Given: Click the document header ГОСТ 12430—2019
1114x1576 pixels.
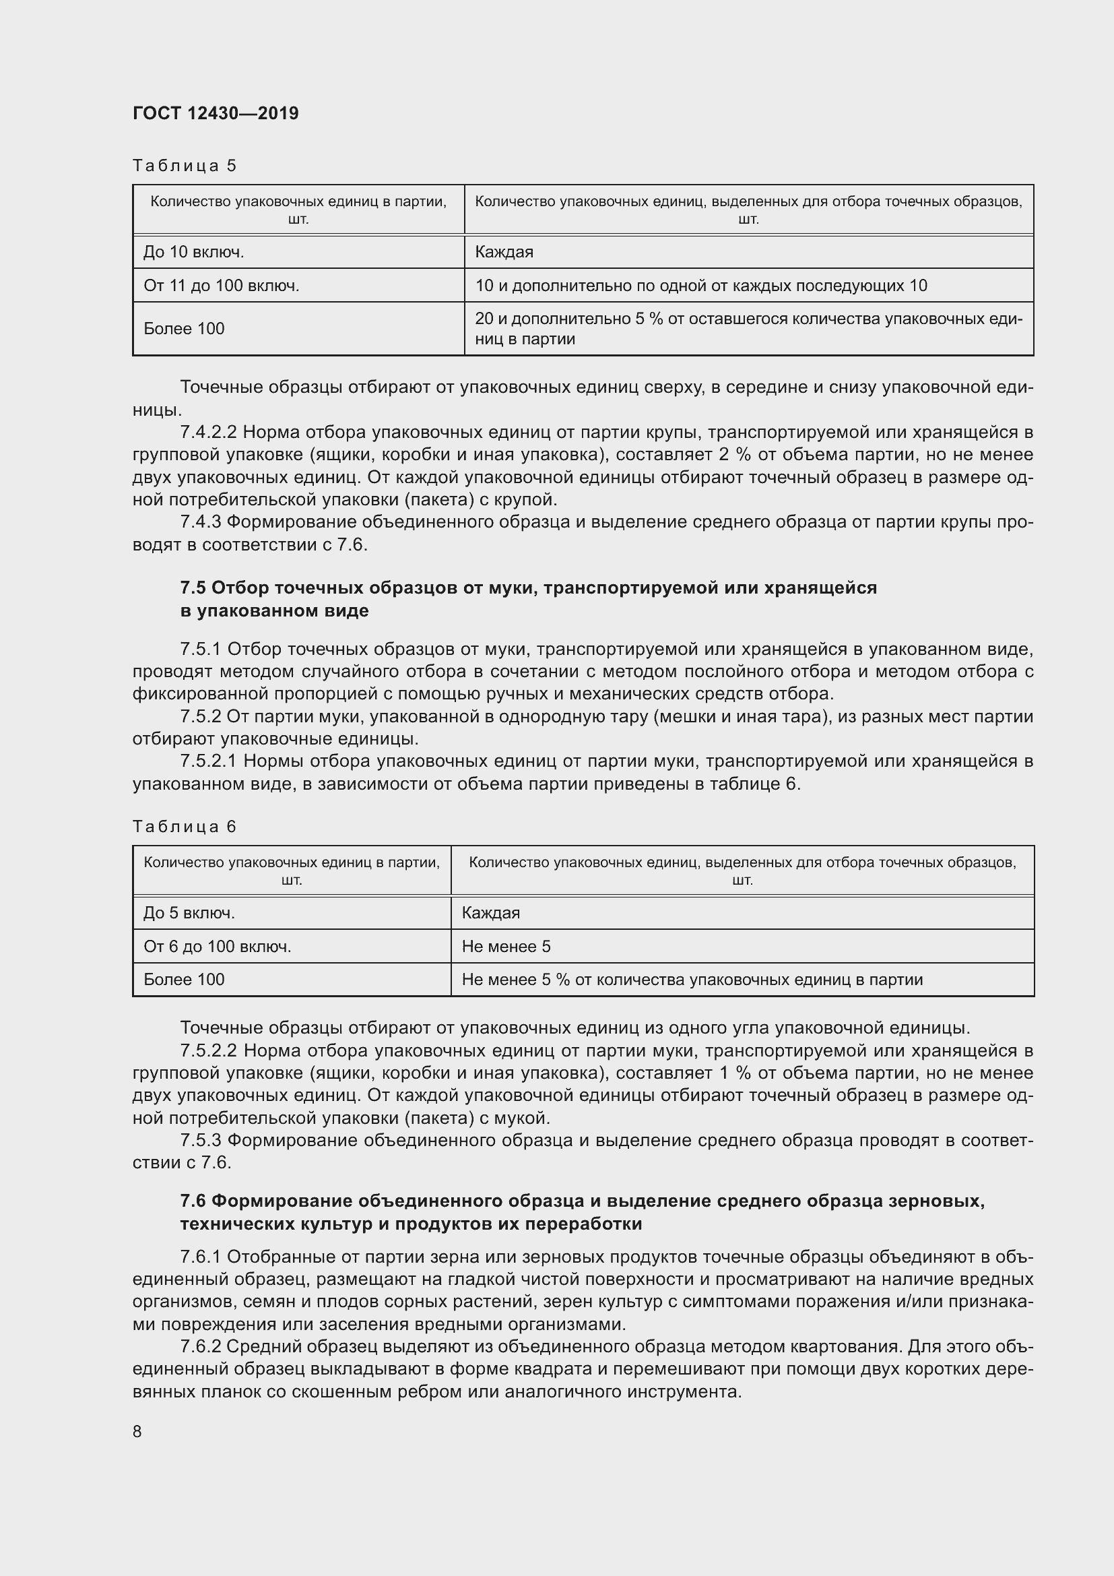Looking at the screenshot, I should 216,113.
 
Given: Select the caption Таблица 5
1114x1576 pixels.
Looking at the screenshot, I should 184,166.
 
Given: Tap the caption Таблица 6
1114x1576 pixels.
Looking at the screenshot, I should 184,827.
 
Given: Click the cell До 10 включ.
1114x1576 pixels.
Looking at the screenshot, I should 193,252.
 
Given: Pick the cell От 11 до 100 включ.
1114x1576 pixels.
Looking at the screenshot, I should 221,286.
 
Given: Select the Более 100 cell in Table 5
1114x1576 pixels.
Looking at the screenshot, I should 184,329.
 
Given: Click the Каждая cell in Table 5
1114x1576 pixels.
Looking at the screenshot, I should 504,252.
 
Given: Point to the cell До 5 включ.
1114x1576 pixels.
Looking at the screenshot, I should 189,913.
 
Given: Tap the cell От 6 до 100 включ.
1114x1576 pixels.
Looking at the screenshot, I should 217,947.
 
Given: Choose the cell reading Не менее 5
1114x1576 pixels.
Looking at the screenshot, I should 506,947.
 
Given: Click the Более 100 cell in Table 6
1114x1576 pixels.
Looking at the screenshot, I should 184,980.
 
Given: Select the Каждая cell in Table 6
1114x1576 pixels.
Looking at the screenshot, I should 490,913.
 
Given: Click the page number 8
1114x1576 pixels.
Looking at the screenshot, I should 137,1431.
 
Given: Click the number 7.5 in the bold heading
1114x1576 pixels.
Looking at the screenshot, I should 193,588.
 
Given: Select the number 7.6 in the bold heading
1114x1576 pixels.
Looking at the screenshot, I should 193,1201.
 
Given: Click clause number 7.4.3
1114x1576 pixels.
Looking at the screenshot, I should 199,522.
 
